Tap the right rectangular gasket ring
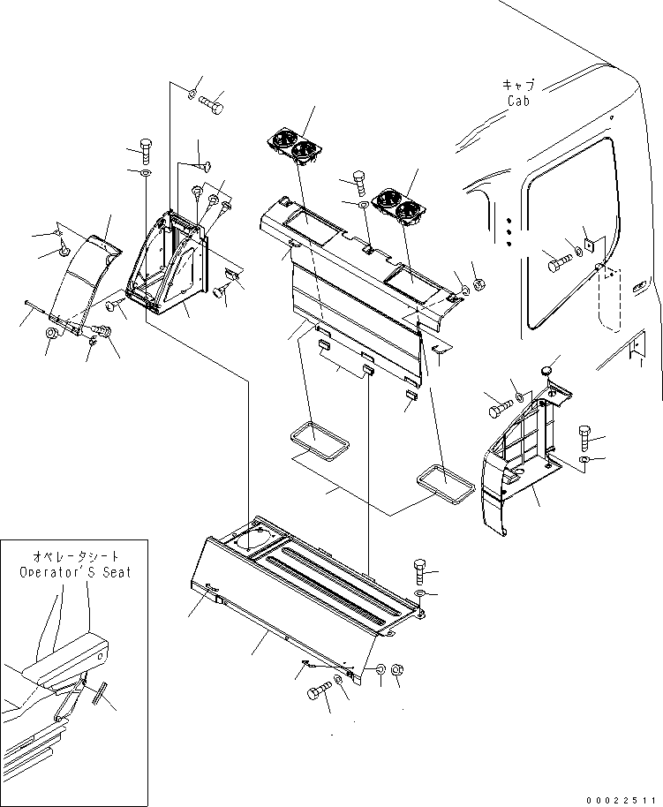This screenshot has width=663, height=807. pos(446,484)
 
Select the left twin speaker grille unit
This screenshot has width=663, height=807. pos(294,147)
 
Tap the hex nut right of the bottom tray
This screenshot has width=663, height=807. pos(397,672)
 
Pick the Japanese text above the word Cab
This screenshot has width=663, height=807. pos(518,85)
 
